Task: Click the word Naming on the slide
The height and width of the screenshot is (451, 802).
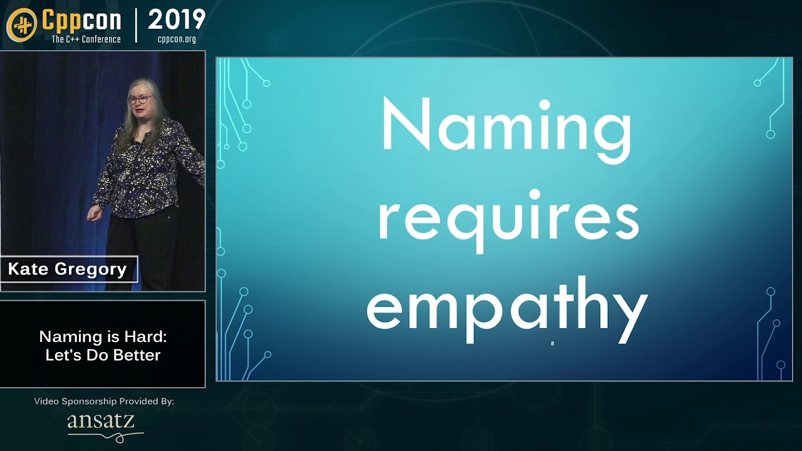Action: (507, 130)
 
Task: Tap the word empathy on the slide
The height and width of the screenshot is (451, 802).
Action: (508, 310)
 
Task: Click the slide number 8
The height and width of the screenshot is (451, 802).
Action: (553, 344)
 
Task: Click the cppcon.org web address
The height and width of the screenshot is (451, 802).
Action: (177, 39)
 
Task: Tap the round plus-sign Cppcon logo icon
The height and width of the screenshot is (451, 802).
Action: (22, 24)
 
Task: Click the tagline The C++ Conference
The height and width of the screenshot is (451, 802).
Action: (86, 39)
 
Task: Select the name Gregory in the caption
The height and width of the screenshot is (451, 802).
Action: (91, 269)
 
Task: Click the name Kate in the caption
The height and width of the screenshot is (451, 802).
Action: (28, 269)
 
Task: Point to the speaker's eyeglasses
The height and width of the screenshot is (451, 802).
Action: (140, 99)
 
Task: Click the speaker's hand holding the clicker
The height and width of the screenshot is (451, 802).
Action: (94, 214)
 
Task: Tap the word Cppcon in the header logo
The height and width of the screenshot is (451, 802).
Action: (81, 21)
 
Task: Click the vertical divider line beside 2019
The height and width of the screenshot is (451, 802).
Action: (136, 26)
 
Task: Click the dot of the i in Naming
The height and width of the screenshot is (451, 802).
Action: (544, 105)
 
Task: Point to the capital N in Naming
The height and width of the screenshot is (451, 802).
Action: (406, 123)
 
